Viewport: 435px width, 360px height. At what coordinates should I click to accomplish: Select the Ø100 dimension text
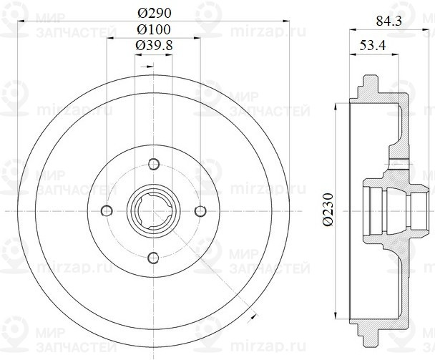click(153, 29)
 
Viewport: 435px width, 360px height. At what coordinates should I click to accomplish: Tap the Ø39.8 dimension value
click(153, 45)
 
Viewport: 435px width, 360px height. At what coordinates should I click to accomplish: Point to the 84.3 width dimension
click(390, 23)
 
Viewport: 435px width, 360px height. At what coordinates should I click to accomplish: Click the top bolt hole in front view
click(153, 163)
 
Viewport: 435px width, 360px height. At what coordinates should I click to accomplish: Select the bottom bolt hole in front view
click(153, 257)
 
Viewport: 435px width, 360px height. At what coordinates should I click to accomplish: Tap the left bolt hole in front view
click(107, 210)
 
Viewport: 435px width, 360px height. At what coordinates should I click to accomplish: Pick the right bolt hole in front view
click(200, 210)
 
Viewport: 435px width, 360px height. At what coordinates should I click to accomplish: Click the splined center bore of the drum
click(153, 210)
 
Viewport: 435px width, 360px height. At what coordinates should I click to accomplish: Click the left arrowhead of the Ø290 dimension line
click(20, 22)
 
